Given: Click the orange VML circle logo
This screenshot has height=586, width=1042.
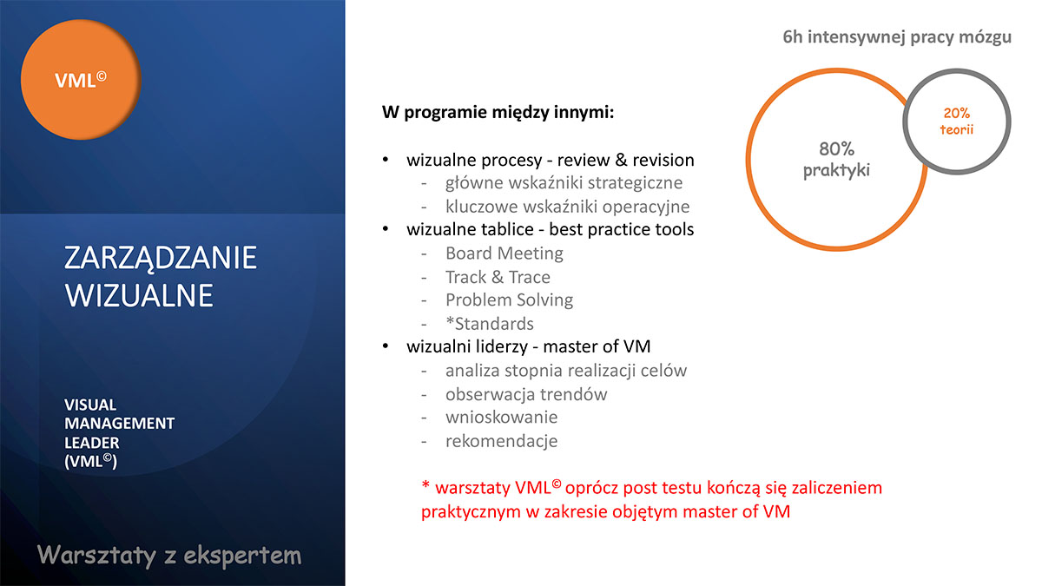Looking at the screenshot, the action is click(81, 80).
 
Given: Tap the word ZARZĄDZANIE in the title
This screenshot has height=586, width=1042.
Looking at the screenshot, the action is click(161, 259).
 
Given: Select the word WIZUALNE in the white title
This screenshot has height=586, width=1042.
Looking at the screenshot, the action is click(139, 295).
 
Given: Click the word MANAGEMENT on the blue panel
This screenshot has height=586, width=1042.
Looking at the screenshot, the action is click(120, 424).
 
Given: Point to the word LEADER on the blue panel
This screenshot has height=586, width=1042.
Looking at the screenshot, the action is click(92, 442).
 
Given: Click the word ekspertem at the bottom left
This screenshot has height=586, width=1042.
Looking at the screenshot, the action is click(242, 556).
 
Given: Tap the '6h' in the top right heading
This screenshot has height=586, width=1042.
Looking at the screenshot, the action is click(793, 36).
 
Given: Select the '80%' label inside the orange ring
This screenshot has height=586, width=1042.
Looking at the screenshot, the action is click(836, 148).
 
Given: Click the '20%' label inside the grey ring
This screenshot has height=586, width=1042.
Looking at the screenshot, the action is click(956, 113).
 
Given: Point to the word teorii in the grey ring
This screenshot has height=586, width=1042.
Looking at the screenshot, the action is click(956, 129).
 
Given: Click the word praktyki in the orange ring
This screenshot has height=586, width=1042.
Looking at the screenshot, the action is click(836, 170).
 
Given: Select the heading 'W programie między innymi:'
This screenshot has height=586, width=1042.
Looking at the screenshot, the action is click(498, 113).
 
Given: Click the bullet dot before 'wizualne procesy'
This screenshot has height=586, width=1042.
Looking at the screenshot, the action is click(386, 160).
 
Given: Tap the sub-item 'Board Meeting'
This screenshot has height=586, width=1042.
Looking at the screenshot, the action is click(505, 253).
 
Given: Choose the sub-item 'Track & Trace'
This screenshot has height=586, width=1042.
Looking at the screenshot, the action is click(498, 277).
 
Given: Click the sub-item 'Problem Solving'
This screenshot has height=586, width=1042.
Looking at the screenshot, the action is click(510, 300).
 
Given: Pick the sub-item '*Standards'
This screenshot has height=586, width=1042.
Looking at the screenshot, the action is click(490, 324).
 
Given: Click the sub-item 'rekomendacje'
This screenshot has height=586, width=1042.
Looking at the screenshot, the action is click(502, 441).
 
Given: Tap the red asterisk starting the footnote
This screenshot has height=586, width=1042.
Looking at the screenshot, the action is click(425, 485).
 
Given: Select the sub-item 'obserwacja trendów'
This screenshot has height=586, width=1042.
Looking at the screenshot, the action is click(526, 394).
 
